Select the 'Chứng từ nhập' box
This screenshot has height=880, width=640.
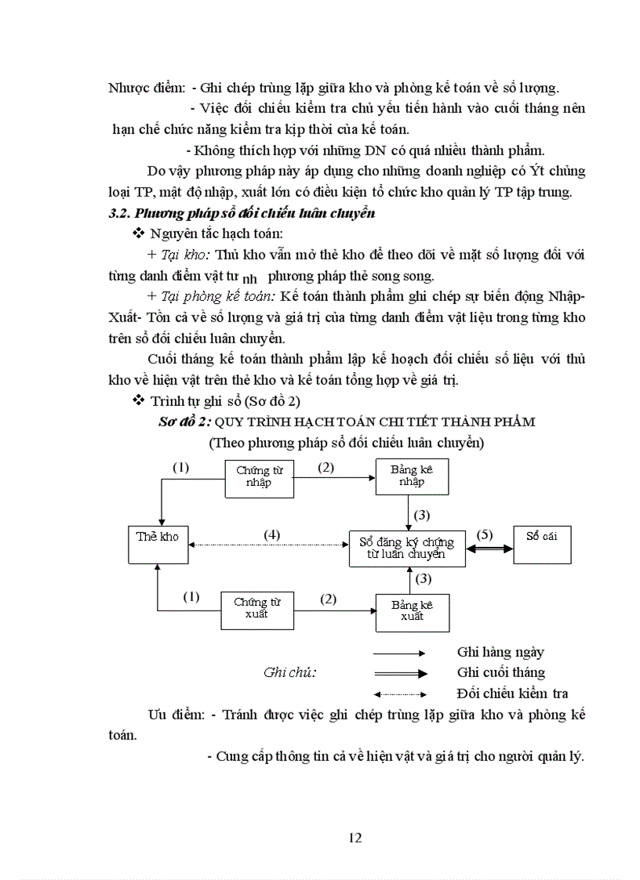(260, 476)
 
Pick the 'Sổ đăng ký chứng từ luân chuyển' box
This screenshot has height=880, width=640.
(407, 547)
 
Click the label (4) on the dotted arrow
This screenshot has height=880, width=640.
(271, 534)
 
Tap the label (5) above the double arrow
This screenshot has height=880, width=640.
(484, 534)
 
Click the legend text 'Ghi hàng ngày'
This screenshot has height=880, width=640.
(500, 652)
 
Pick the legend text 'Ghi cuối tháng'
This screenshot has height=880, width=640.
(500, 672)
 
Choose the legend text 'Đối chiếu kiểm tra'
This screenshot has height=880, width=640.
(512, 693)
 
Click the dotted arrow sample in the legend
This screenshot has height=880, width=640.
(400, 693)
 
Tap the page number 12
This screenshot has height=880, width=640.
(355, 838)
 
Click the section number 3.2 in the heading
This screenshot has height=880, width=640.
(118, 213)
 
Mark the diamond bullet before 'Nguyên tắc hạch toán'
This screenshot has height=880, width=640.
(139, 233)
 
